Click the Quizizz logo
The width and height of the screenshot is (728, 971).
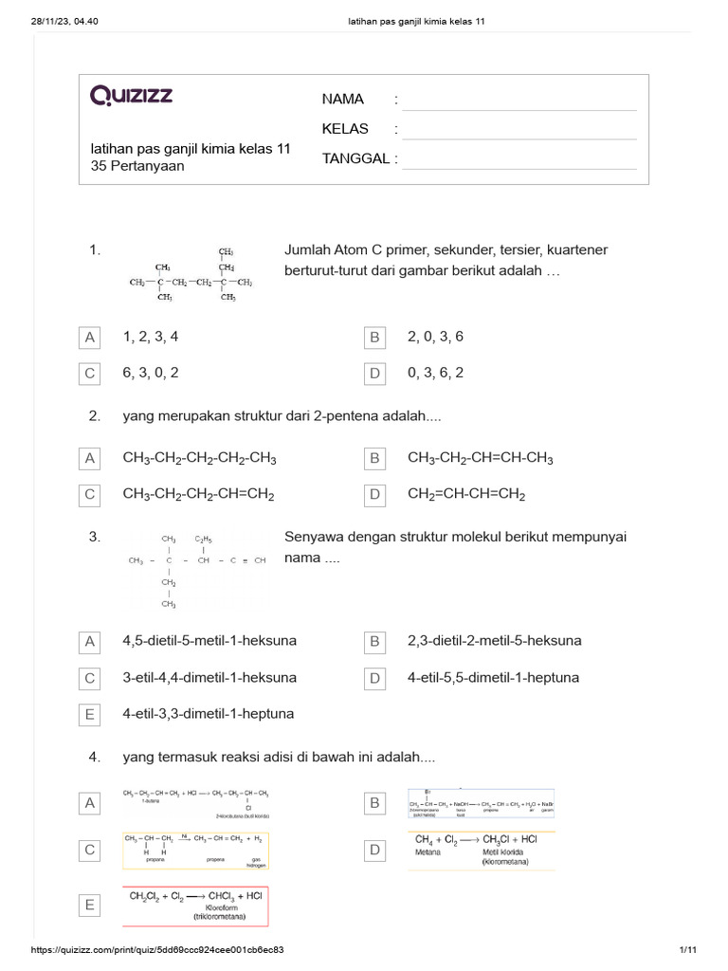(131, 96)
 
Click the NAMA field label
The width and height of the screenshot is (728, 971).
(343, 100)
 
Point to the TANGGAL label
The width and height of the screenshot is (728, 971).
(355, 158)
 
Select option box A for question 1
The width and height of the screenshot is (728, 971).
(90, 338)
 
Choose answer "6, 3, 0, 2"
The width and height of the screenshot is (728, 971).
(151, 373)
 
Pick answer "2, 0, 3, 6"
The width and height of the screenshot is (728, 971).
(435, 337)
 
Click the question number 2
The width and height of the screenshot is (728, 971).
(95, 415)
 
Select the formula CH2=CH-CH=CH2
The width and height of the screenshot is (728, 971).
(466, 494)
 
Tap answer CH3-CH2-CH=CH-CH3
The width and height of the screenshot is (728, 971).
(481, 459)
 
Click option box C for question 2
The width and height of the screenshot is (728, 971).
(90, 494)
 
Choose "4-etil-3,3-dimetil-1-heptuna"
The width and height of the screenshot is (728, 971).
(209, 713)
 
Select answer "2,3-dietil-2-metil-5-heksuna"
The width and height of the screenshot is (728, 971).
(495, 641)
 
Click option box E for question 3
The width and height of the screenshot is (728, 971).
(90, 714)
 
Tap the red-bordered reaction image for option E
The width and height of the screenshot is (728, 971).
(195, 906)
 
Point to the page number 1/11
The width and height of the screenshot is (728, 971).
(688, 950)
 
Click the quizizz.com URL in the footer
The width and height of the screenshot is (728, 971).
(158, 950)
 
